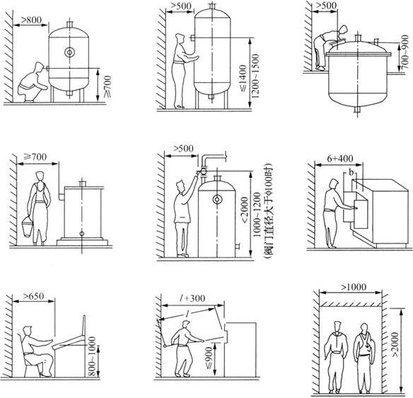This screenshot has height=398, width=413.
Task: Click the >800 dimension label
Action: [x=31, y=20]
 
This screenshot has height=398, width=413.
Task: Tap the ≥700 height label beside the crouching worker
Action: [x=107, y=86]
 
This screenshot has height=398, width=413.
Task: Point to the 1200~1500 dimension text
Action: [x=255, y=76]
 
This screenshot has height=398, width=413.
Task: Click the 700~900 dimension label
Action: [x=405, y=53]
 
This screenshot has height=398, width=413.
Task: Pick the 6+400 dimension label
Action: [x=339, y=159]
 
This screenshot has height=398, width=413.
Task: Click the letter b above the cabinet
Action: [x=351, y=172]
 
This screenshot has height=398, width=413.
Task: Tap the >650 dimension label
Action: [x=33, y=296]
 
